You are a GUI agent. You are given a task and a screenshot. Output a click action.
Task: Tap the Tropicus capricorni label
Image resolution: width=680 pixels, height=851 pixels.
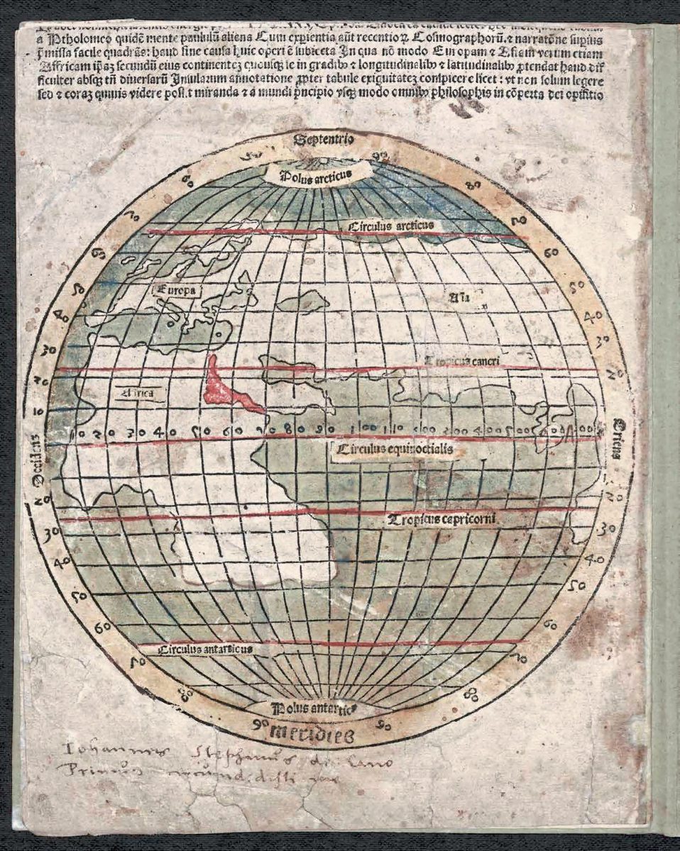tap(439, 520)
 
